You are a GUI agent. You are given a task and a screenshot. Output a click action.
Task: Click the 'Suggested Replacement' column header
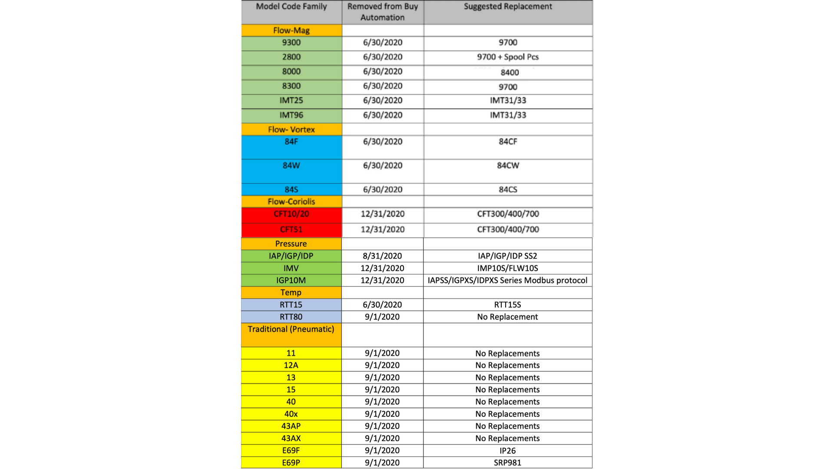coord(508,7)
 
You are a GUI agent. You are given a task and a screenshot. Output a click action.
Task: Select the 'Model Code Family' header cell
coord(291,7)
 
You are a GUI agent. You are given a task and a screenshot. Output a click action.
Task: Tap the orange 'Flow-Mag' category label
coord(291,30)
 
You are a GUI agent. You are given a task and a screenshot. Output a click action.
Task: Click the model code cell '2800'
coord(291,57)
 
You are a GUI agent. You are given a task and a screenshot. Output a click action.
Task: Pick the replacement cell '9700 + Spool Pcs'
coord(508,57)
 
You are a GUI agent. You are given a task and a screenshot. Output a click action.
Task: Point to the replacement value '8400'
coord(510,73)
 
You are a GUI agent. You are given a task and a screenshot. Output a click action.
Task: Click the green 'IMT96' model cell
coord(291,115)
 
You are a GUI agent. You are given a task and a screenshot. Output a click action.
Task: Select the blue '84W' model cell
coord(291,166)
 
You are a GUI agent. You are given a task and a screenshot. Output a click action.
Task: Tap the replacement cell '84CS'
coord(508,189)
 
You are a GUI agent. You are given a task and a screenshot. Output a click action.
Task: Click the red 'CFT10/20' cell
coord(291,214)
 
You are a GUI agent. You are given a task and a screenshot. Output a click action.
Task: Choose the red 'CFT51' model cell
coord(291,229)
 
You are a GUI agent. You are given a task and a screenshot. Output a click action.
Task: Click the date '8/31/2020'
coord(382,256)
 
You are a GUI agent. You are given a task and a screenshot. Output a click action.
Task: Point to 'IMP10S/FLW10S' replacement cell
coord(507,268)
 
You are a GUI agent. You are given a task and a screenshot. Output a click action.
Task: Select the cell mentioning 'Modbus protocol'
coord(507,280)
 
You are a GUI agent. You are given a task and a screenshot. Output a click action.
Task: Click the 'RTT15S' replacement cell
coord(507,304)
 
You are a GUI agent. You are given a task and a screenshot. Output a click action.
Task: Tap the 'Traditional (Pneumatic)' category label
coord(291,329)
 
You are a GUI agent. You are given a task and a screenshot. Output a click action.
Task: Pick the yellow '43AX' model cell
coord(291,438)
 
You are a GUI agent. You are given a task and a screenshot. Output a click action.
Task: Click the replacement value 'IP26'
coord(507,450)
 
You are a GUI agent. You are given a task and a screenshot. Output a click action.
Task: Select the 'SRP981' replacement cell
coord(507,462)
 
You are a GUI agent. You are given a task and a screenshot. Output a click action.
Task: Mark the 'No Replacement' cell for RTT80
coord(507,317)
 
